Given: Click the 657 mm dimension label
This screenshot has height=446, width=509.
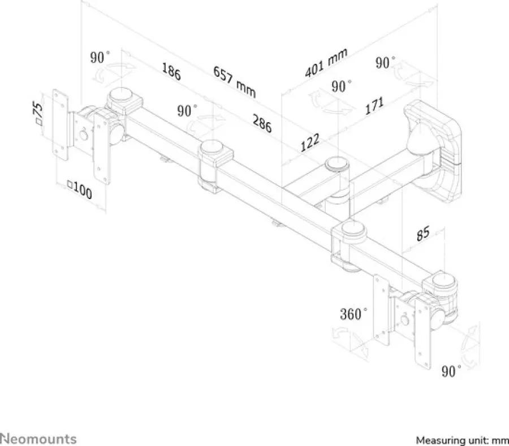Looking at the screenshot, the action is pyautogui.click(x=234, y=82).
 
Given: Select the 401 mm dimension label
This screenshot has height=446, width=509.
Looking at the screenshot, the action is pyautogui.click(x=326, y=62).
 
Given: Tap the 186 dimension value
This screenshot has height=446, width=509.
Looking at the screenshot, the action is pyautogui.click(x=171, y=72).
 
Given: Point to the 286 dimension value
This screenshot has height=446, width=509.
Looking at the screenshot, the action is pyautogui.click(x=262, y=123).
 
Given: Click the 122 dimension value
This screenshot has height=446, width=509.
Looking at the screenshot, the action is pyautogui.click(x=310, y=142).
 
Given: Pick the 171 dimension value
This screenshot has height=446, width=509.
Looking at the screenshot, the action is pyautogui.click(x=374, y=105).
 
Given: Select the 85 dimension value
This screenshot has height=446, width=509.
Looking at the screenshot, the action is pyautogui.click(x=423, y=233).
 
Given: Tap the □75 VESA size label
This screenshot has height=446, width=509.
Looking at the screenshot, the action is pyautogui.click(x=38, y=112).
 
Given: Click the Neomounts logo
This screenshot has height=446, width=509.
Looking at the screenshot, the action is pyautogui.click(x=38, y=439).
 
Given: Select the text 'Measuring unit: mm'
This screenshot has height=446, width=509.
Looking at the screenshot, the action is pyautogui.click(x=462, y=440).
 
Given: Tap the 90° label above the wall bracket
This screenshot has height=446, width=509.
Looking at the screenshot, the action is pyautogui.click(x=385, y=62).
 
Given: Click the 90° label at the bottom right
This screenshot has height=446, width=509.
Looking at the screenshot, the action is pyautogui.click(x=451, y=371).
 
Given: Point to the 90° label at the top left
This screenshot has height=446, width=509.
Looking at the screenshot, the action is pyautogui.click(x=100, y=58).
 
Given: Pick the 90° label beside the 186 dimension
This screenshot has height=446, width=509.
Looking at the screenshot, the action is pyautogui.click(x=187, y=111).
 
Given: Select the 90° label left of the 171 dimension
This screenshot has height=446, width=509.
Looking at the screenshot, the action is pyautogui.click(x=342, y=86).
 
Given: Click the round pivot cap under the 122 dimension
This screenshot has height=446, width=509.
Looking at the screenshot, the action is pyautogui.click(x=338, y=163).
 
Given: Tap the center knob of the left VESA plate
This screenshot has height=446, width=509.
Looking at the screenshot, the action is pyautogui.click(x=84, y=135).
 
